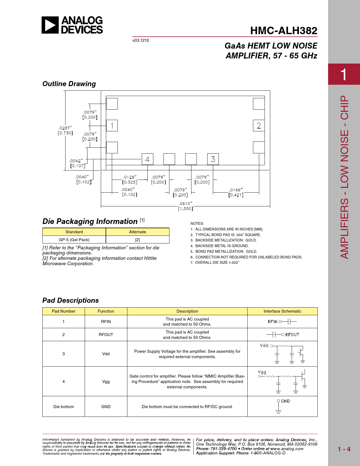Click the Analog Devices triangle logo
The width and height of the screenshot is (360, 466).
tap(50, 25)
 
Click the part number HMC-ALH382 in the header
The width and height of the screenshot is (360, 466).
tap(284, 31)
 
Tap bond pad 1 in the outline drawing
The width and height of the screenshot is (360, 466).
tap(112, 125)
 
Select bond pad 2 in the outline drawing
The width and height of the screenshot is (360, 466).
tap(259, 125)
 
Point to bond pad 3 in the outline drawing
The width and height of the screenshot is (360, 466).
tap(213, 159)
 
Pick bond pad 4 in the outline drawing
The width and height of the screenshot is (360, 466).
tap(147, 159)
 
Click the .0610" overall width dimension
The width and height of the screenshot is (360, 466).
tap(186, 206)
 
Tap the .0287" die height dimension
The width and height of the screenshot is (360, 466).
tap(65, 130)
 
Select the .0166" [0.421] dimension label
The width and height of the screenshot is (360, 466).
tap(236, 192)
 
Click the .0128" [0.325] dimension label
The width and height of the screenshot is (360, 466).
tap(130, 180)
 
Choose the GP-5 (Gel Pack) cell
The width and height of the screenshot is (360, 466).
tap(74, 239)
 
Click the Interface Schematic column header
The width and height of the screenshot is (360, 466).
tap(282, 311)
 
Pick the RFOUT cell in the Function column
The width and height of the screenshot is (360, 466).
tap(106, 335)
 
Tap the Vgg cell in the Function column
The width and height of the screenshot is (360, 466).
tap(106, 382)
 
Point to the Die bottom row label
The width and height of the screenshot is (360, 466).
tap(64, 407)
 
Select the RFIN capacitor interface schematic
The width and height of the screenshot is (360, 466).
tap(282, 321)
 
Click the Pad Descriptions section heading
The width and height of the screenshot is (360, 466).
tap(71, 300)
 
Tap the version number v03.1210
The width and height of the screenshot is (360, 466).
tap(141, 40)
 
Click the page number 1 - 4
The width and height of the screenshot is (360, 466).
tap(344, 449)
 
